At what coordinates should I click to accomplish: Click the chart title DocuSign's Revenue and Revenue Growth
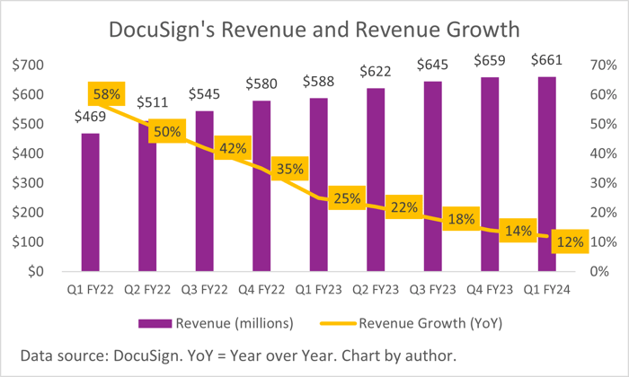click(314, 29)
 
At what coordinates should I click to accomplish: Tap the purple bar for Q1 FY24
click(546, 180)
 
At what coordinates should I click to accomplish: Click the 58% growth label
click(106, 94)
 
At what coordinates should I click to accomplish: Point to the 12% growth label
click(569, 241)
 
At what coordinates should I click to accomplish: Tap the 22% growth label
click(403, 207)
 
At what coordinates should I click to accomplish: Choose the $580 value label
click(261, 84)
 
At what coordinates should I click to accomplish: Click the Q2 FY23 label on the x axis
click(375, 290)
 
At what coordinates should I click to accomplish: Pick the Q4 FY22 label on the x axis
click(261, 290)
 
